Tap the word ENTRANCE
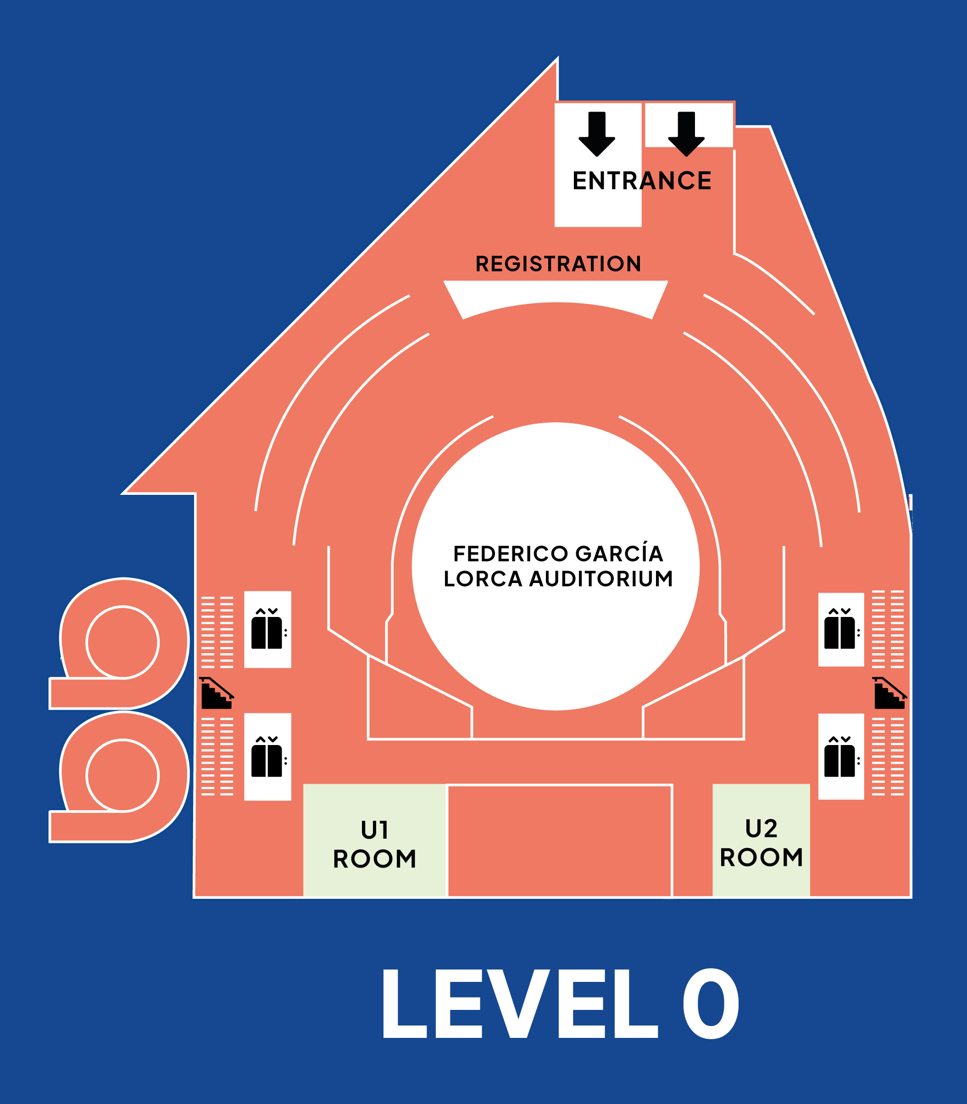(x=642, y=181)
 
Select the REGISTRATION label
(x=558, y=264)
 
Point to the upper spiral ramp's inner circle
(x=122, y=642)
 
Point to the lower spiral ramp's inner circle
(x=122, y=776)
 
